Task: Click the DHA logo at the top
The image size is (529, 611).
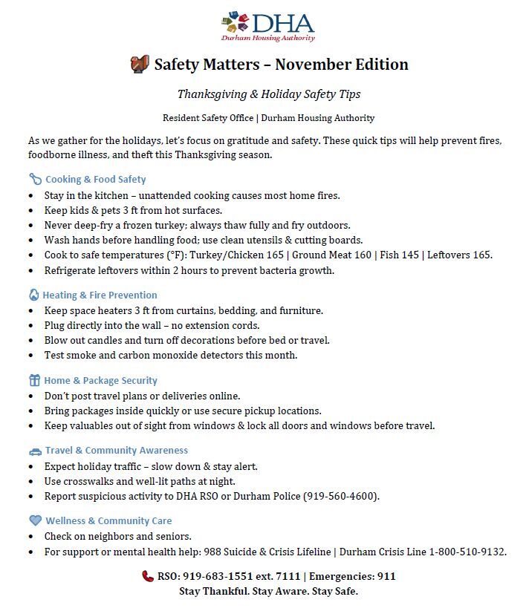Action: pyautogui.click(x=267, y=26)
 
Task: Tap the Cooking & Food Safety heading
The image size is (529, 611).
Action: pyautogui.click(x=95, y=179)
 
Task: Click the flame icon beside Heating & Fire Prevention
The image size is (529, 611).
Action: pyautogui.click(x=33, y=295)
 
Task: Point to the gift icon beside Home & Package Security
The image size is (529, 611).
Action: pyautogui.click(x=34, y=380)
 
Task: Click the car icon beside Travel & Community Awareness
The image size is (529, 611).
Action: pyautogui.click(x=35, y=451)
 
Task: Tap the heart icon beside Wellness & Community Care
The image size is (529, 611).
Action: pyautogui.click(x=35, y=520)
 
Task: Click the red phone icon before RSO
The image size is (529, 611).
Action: pyautogui.click(x=148, y=576)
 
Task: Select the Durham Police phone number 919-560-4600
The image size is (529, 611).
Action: pyautogui.click(x=342, y=496)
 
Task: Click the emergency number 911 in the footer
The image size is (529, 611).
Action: pyautogui.click(x=386, y=576)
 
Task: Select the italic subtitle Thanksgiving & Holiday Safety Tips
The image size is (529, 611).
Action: pyautogui.click(x=268, y=94)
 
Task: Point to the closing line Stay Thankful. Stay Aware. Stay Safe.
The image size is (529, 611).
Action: pyautogui.click(x=268, y=592)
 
